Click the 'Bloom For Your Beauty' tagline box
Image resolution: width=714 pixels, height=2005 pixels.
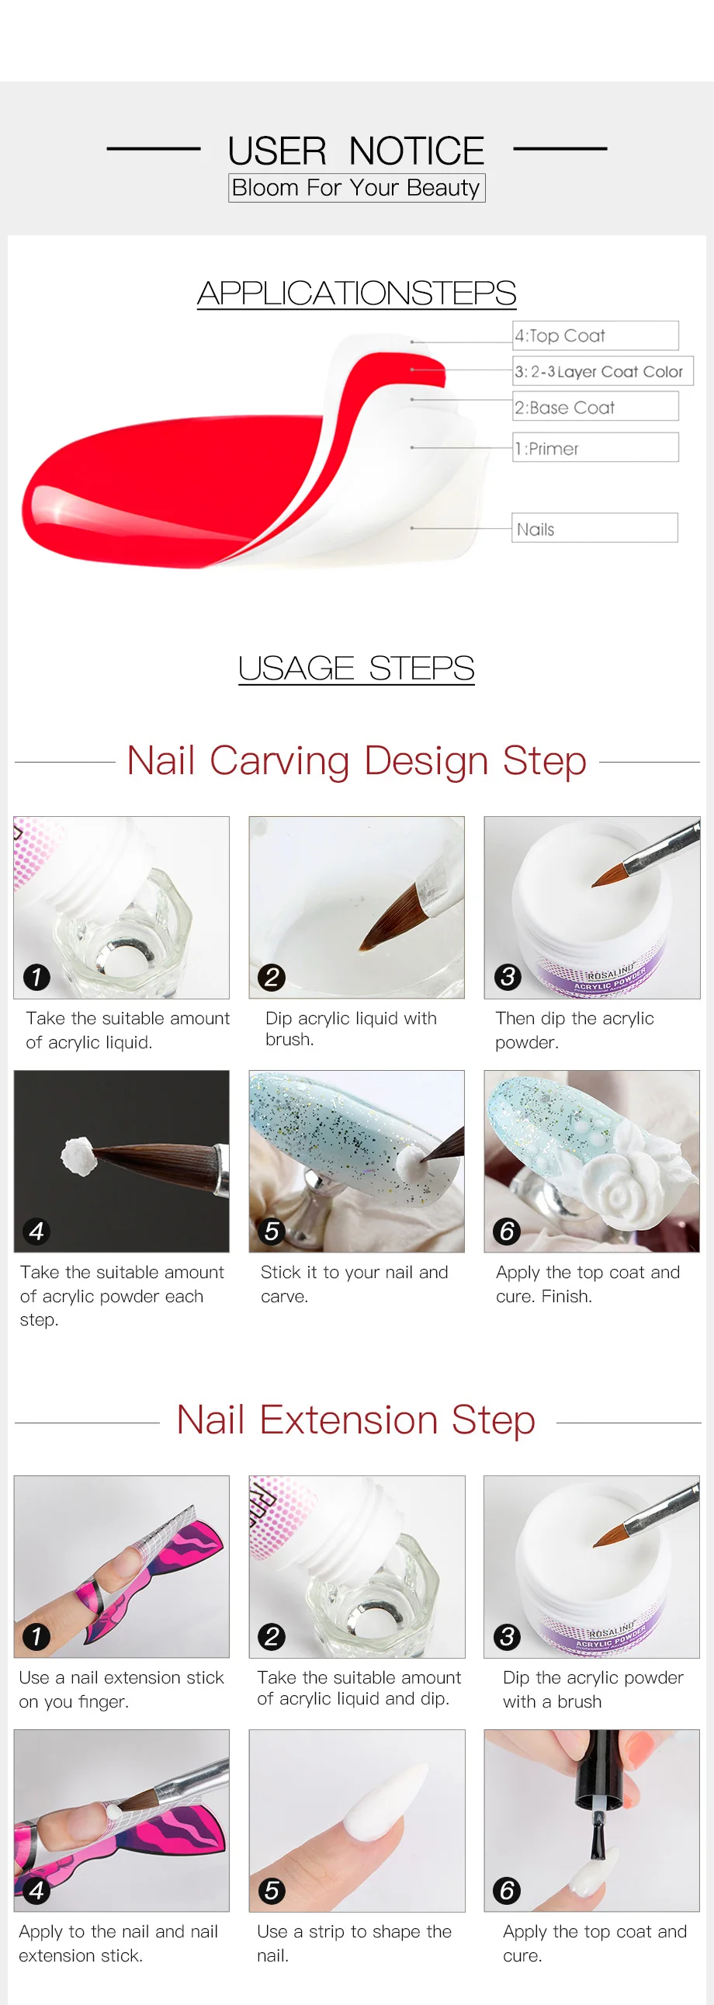pos(356,188)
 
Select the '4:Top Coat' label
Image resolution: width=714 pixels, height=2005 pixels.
pos(595,335)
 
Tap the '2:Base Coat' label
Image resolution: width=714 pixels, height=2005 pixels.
pos(595,406)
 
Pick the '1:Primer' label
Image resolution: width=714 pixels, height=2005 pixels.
pos(595,447)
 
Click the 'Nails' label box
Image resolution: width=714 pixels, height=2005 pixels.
pos(594,528)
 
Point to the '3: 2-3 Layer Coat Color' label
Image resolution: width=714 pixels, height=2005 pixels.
pos(603,371)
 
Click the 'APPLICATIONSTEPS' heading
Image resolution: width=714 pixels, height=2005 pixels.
pos(356,294)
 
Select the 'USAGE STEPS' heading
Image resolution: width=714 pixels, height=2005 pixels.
pos(356,668)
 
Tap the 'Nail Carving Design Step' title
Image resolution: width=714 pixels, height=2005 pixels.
pos(356,760)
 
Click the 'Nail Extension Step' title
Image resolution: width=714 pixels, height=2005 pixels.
pos(356,1419)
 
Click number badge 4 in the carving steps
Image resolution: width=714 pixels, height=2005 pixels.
pos(36,1231)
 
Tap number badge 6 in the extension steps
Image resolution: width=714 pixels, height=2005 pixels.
pos(506,1890)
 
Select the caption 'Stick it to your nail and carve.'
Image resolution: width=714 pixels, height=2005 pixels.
pos(354,1284)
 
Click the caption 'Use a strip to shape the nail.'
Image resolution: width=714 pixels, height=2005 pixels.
pos(354,1943)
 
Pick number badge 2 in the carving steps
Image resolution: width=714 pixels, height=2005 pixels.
pos(272,977)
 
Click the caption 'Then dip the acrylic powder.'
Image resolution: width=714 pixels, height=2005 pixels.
pos(575,1030)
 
